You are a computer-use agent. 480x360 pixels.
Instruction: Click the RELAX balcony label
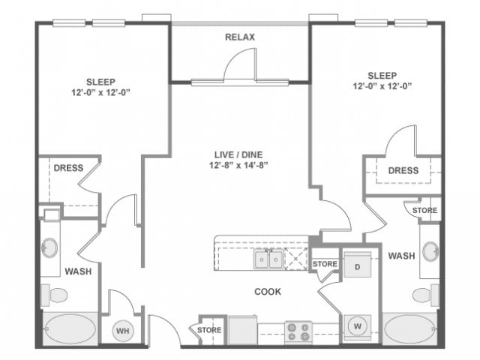pos(241,37)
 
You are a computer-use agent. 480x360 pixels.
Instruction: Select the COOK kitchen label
pos(268,291)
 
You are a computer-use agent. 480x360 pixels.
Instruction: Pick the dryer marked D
pos(357,266)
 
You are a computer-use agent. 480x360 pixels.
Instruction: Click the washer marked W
pos(357,325)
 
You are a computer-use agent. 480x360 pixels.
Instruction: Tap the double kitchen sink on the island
pos(268,259)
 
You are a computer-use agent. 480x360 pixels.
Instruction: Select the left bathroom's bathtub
pos(69,328)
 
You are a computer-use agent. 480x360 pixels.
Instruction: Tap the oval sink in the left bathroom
pos(51,247)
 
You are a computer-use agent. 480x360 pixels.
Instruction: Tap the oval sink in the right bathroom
pos(430,250)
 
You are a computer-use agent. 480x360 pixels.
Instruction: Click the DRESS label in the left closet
pos(67,168)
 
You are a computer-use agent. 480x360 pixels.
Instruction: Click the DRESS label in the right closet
pos(403,170)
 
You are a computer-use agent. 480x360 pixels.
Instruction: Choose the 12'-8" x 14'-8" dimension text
pos(240,166)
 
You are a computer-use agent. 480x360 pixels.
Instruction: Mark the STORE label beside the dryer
pos(325,264)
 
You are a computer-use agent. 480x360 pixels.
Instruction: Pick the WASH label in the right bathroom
pos(401,256)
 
